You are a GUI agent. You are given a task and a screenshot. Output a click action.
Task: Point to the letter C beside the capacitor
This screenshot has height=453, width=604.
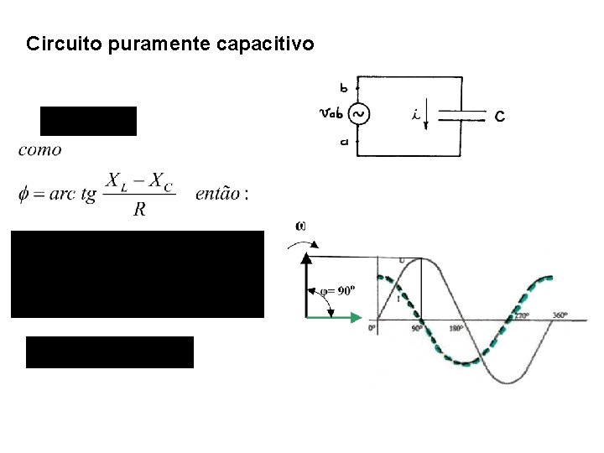[x=500, y=117]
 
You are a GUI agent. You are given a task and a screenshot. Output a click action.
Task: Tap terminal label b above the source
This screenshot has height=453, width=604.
[x=344, y=86]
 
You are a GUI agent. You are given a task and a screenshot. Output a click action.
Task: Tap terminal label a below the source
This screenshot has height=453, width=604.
[x=344, y=143]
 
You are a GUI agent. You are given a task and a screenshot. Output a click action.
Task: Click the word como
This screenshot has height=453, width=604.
[x=39, y=150]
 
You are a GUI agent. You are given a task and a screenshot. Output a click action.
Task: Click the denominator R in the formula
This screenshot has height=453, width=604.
[x=139, y=210]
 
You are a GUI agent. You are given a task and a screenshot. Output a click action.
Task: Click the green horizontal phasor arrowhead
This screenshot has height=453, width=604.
[x=357, y=317]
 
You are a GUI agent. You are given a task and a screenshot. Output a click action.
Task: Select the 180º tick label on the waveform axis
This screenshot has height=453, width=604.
[x=456, y=329]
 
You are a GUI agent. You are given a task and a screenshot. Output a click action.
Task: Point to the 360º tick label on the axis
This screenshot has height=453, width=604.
[x=560, y=315]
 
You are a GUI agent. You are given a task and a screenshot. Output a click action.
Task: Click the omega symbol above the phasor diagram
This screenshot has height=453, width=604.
[x=301, y=225]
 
